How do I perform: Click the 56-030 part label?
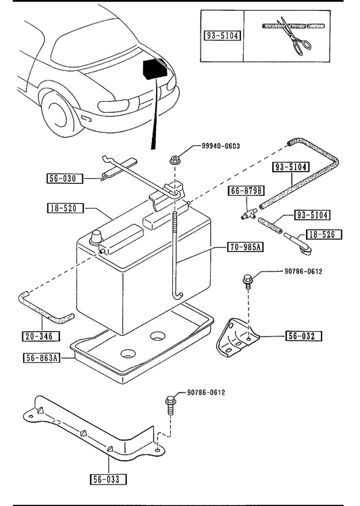click(x=64, y=178)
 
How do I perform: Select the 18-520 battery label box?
click(x=65, y=208)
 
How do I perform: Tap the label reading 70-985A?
click(x=245, y=247)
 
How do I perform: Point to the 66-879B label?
click(x=247, y=191)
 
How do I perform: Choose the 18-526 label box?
click(x=323, y=234)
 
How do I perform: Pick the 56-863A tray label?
click(x=42, y=358)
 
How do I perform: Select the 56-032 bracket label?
click(x=304, y=336)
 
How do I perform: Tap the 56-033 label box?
click(x=108, y=479)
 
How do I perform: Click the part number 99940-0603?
click(x=221, y=146)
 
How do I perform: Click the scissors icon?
click(x=294, y=36)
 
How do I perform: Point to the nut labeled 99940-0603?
click(x=174, y=160)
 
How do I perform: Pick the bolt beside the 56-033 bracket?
click(x=170, y=405)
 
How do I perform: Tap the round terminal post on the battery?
click(x=96, y=238)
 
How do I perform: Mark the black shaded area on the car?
click(x=155, y=69)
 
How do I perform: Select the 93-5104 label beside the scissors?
click(x=222, y=35)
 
